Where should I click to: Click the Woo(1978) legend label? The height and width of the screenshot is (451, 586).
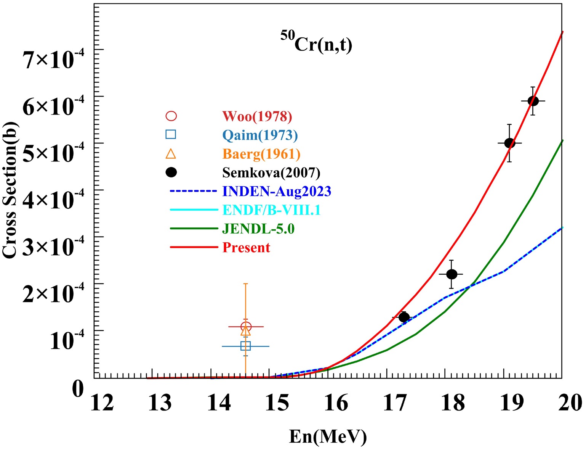257,116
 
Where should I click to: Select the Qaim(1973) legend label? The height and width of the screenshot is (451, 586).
260,135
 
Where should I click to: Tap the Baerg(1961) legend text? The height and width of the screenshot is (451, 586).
261,154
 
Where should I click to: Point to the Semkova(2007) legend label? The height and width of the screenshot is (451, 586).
271,172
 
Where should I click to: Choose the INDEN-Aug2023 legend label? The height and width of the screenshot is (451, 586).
277,191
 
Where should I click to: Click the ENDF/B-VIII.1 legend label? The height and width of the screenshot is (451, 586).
271,210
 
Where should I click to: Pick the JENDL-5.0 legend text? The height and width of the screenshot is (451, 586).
258,229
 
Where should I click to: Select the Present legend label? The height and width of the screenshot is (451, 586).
246,247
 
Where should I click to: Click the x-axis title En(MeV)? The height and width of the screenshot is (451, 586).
328,436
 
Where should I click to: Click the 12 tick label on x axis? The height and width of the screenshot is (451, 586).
102,403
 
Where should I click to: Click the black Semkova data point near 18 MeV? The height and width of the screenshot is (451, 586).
451,274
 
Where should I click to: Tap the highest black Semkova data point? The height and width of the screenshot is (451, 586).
533,101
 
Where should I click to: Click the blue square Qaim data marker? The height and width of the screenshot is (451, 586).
246,346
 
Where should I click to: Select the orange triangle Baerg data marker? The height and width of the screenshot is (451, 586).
246,330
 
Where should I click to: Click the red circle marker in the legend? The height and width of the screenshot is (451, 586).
171,116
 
